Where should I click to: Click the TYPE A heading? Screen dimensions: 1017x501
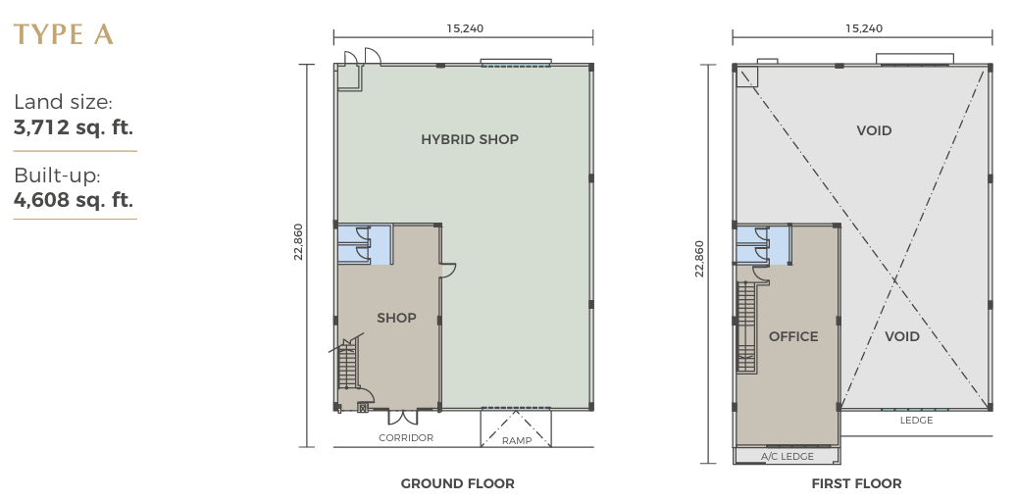[x=64, y=34]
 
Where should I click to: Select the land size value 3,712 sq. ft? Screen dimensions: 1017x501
[x=74, y=127]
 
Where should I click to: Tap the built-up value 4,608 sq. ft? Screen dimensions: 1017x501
[x=74, y=200]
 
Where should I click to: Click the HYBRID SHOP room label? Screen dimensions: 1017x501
[x=470, y=139]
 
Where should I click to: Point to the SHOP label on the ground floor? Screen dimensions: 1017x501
[x=396, y=318]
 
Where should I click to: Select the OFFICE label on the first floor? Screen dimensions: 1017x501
[x=793, y=336]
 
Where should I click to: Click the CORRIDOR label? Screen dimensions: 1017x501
[x=406, y=438]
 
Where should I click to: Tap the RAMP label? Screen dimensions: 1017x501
[x=517, y=441]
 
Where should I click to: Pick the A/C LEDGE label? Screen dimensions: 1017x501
[x=787, y=456]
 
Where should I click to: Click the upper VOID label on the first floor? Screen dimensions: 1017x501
[x=874, y=131]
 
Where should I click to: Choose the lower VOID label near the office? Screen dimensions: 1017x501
[x=901, y=336]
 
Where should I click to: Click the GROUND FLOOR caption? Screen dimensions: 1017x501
[x=457, y=483]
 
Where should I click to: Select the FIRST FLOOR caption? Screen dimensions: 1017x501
[x=856, y=483]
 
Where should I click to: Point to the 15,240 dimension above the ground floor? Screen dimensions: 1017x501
[x=465, y=28]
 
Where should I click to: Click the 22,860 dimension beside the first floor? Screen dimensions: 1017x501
[x=698, y=259]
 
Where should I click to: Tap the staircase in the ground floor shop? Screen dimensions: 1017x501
[x=347, y=366]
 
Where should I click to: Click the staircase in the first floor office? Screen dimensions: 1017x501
[x=746, y=327]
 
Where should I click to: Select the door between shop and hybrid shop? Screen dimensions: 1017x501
[x=447, y=271]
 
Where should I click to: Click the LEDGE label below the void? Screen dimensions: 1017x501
[x=916, y=421]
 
